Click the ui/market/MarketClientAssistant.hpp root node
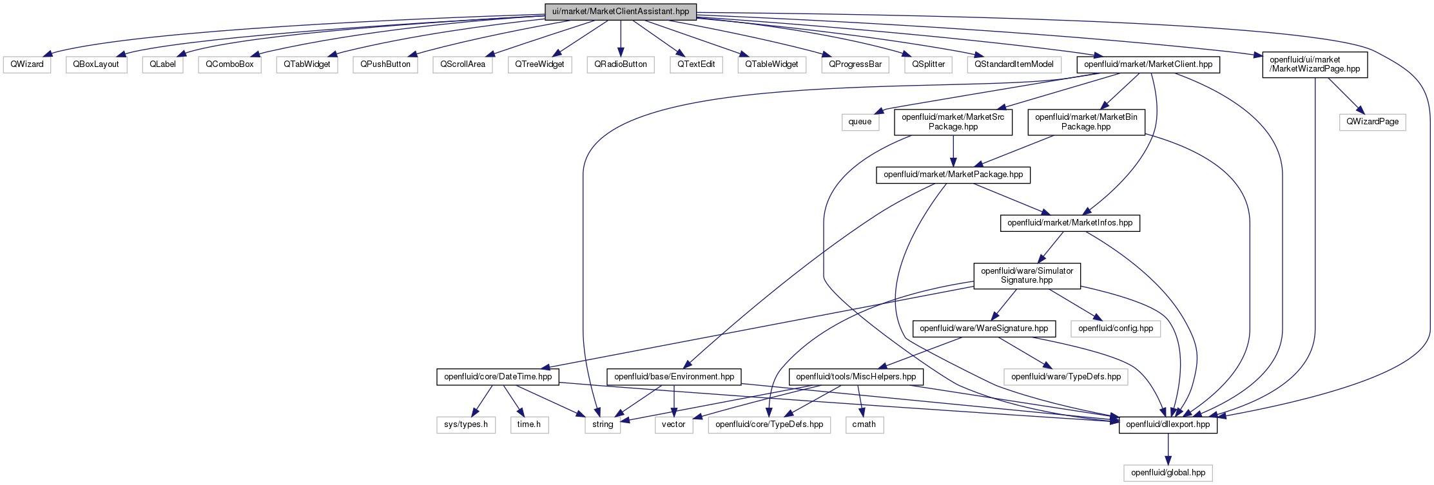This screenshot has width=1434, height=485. [621, 12]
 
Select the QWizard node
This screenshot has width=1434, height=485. [27, 64]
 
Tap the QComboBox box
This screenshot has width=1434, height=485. [230, 64]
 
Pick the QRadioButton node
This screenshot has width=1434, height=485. [621, 64]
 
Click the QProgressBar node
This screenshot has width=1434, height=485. [855, 64]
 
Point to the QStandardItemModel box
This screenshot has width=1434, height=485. [1014, 64]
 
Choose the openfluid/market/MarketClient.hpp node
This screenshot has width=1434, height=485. [1148, 64]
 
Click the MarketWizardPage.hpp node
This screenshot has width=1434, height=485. [1315, 64]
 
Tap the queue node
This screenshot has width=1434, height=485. [860, 122]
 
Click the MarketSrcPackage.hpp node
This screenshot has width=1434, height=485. [953, 122]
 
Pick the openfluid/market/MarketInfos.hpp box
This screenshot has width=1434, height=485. [1070, 223]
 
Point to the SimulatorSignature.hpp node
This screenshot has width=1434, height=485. [1027, 276]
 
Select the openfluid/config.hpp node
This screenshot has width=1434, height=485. [1116, 328]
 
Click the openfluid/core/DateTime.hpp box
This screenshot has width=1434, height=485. [498, 377]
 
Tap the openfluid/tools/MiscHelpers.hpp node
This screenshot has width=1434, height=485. [856, 377]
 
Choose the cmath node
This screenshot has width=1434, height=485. [864, 424]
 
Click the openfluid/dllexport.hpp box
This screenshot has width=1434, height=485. [1168, 424]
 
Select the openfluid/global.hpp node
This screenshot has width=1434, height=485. [1168, 473]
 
